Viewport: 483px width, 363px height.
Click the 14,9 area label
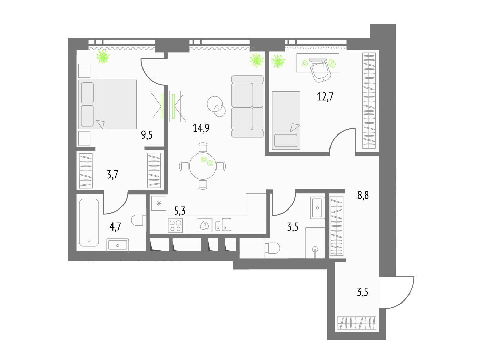coord(201,128)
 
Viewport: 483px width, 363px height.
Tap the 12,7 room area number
coord(325,96)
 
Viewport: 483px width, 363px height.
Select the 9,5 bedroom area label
coord(147,135)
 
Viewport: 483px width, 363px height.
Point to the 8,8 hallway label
coord(363,195)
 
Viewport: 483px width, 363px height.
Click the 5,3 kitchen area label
coord(180,211)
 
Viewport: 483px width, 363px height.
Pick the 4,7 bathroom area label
coord(115,227)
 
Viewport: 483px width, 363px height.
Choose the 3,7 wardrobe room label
coord(112,175)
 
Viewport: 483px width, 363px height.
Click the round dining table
coord(203,166)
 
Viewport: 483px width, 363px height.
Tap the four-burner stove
coord(175,225)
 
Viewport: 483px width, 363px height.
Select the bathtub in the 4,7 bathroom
coord(89,223)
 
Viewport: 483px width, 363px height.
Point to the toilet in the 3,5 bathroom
coord(273,248)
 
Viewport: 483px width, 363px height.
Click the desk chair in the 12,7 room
coord(320,71)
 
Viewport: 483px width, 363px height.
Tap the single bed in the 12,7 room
coord(286,121)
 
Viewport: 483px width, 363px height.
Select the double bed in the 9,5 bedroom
coord(107,104)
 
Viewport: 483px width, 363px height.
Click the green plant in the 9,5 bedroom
coord(103,57)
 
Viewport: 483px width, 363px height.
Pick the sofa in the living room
coord(248,106)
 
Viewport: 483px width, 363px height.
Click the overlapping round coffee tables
coord(216,106)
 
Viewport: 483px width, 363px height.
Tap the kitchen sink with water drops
coord(205,225)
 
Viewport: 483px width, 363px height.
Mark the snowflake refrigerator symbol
coord(159,203)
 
